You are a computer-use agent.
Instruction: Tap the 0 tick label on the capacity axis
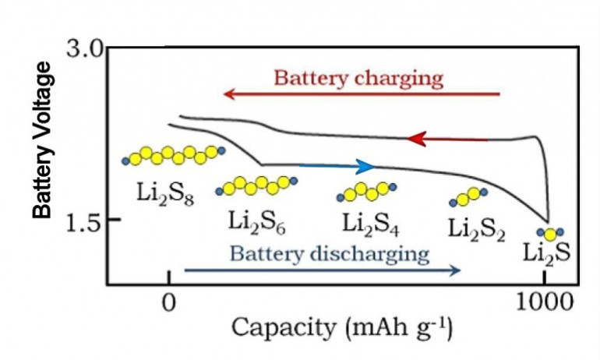tap(169, 302)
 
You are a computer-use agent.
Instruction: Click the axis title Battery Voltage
tap(42, 140)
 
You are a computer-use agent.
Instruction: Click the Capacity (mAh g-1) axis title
tap(342, 329)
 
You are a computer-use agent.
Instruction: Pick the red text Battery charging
tap(358, 79)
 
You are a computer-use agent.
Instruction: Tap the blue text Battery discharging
tap(330, 254)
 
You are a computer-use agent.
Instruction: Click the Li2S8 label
tap(165, 195)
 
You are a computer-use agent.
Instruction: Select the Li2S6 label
tap(257, 223)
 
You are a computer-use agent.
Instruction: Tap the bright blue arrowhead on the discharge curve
tap(365, 167)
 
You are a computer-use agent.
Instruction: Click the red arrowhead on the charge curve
tap(416, 139)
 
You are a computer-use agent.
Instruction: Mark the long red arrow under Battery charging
tap(362, 94)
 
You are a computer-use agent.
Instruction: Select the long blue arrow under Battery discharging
tap(322, 270)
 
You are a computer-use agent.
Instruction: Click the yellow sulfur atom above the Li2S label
tap(550, 235)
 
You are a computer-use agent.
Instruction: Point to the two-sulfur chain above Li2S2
tap(468, 196)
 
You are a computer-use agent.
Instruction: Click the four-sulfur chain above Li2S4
tap(366, 192)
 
